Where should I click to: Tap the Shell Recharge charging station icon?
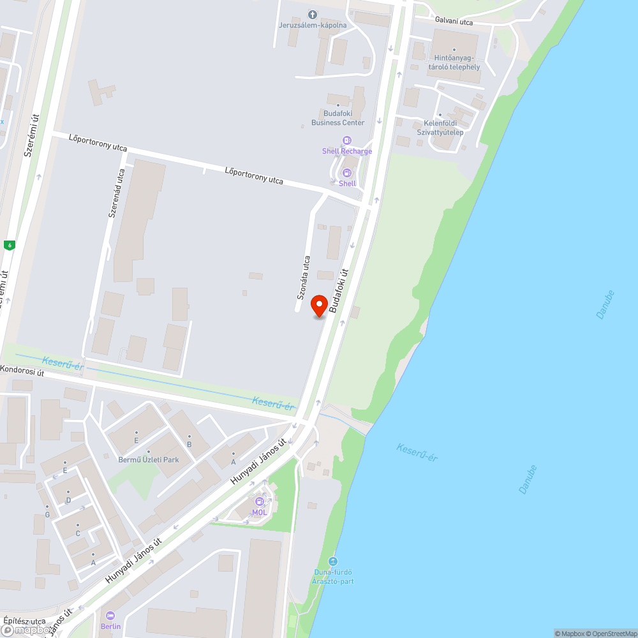pos(347,140)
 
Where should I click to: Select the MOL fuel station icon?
pos(260,501)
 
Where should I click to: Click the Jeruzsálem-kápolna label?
pos(313,25)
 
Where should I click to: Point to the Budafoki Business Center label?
pos(338,118)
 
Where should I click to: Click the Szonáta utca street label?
pos(304,278)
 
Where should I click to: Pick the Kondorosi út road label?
pos(22,371)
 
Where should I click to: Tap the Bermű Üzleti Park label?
pos(149,459)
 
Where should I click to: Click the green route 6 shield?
pos(9,244)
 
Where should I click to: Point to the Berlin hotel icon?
pos(110,616)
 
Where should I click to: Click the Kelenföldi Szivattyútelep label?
pos(440,128)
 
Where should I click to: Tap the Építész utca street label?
pos(24,621)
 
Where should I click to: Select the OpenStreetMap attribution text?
pos(611,634)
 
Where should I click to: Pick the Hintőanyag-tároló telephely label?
pos(454,63)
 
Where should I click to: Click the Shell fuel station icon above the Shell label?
pos(347,173)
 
